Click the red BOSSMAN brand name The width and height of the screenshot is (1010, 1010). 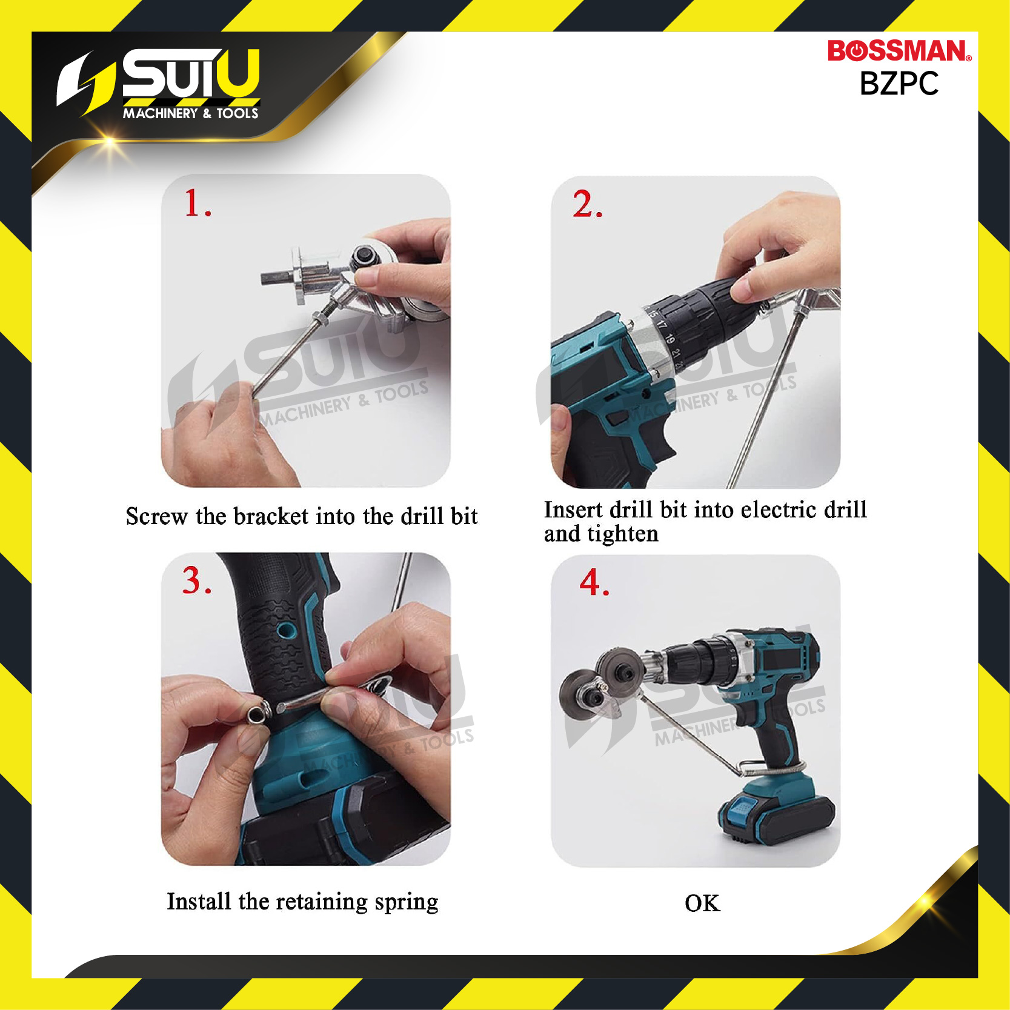pyautogui.click(x=899, y=51)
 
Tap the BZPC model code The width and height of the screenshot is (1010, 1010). pyautogui.click(x=899, y=84)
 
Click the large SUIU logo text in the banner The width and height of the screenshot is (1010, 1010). pyautogui.click(x=191, y=74)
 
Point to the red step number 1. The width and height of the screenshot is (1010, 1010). pyautogui.click(x=198, y=202)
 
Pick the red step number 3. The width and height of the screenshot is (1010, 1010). pyautogui.click(x=197, y=580)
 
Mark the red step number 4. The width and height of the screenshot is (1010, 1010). pyautogui.click(x=594, y=582)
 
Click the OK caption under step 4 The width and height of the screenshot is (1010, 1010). pyautogui.click(x=702, y=903)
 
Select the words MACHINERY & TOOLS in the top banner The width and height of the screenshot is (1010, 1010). pyautogui.click(x=191, y=113)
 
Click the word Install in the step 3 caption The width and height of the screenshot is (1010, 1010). pyautogui.click(x=199, y=902)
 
